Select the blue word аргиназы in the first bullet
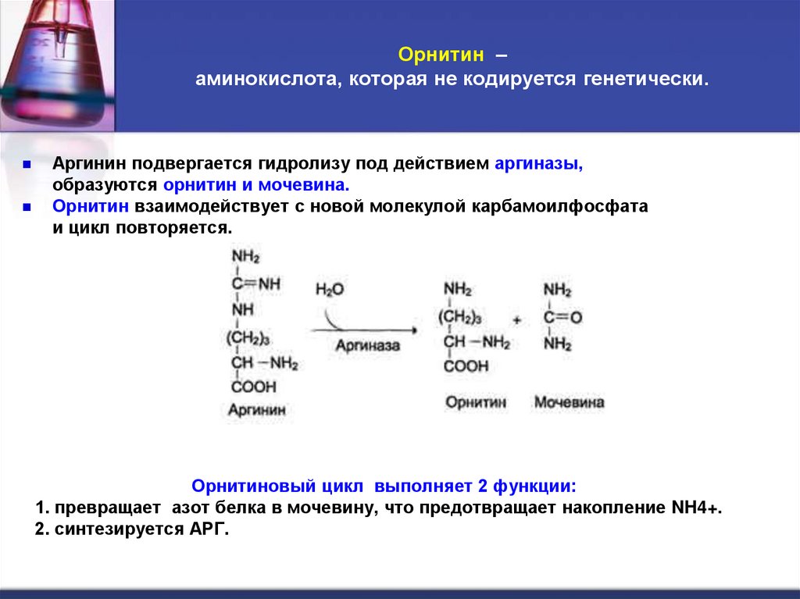[539, 166]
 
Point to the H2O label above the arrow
[330, 290]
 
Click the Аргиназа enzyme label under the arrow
[368, 344]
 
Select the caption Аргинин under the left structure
[257, 408]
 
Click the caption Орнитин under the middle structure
[476, 402]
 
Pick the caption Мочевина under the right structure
[569, 402]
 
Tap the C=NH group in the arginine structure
[255, 284]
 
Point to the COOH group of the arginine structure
[254, 387]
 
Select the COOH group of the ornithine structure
[466, 365]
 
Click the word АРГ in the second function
[205, 529]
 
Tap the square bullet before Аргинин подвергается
[26, 166]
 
